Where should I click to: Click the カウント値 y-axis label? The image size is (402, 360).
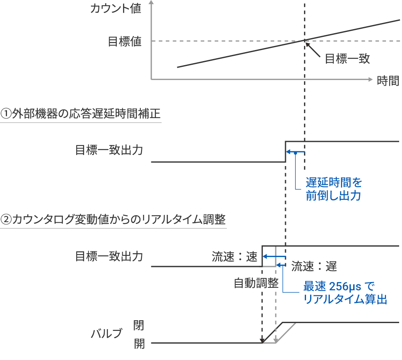tap(115, 9)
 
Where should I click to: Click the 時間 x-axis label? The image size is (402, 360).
tap(388, 80)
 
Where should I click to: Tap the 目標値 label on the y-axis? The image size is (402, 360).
tap(124, 41)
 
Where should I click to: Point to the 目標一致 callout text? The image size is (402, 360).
tap(347, 59)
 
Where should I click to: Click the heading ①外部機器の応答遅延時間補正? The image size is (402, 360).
tap(80, 113)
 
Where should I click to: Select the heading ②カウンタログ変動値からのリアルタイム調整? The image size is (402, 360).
tap(113, 219)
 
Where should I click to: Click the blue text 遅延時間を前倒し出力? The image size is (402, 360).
tap(334, 189)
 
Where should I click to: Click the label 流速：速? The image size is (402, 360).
tap(234, 257)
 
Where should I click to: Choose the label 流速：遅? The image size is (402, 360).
tap(314, 267)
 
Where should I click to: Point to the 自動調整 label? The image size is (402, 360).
tap(256, 283)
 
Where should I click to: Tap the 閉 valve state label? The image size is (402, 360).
tap(139, 326)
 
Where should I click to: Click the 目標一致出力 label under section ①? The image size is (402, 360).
tap(109, 150)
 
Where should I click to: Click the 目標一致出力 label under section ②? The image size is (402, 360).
tap(109, 256)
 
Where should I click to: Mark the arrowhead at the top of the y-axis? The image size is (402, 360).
tap(152, 3)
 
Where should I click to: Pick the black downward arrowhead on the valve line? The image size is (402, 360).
tap(262, 340)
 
